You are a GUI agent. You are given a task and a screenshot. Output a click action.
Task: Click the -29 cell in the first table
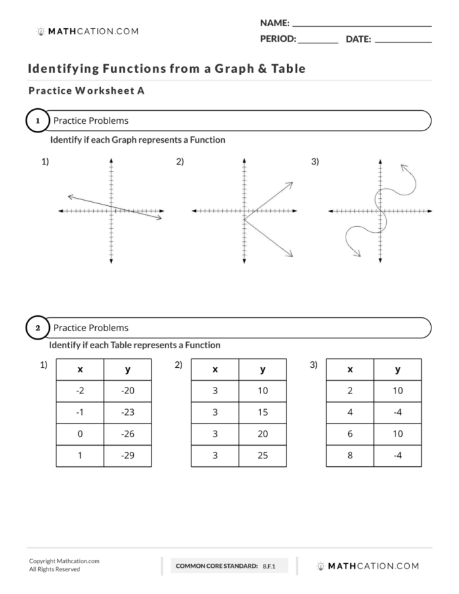127,455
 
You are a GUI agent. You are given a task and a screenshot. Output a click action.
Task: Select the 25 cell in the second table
262,455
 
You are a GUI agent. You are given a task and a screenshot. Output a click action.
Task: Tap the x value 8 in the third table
349,455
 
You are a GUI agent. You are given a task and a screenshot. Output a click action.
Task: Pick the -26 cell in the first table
127,433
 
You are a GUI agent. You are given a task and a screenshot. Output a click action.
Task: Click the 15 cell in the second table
262,412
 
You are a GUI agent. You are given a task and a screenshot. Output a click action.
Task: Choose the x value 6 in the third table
349,433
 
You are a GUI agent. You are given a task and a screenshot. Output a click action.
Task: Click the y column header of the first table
127,369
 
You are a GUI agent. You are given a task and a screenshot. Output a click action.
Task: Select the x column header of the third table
349,369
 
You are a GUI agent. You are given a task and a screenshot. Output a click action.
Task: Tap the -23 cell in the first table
127,412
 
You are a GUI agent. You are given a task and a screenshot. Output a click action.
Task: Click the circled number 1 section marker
37,121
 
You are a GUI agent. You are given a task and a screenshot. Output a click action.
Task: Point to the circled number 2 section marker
37,328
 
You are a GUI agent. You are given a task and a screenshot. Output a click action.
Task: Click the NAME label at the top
275,23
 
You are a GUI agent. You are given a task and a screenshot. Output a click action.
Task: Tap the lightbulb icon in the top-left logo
41,31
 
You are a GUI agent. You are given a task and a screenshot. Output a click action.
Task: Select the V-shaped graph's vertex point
244,218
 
